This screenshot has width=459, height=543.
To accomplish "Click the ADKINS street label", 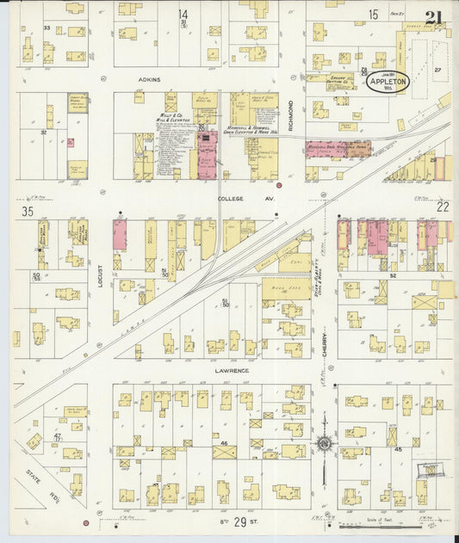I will tap(151, 78).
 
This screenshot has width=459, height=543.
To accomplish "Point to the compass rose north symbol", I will tap(324, 443).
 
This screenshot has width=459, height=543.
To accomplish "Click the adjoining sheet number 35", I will tap(28, 210).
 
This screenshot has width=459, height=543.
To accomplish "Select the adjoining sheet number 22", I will tap(443, 207).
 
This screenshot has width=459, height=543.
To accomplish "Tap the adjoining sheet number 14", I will tap(183, 14).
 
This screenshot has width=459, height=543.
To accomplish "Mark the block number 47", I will tap(58, 437).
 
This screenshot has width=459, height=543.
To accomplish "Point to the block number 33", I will tap(47, 28).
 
